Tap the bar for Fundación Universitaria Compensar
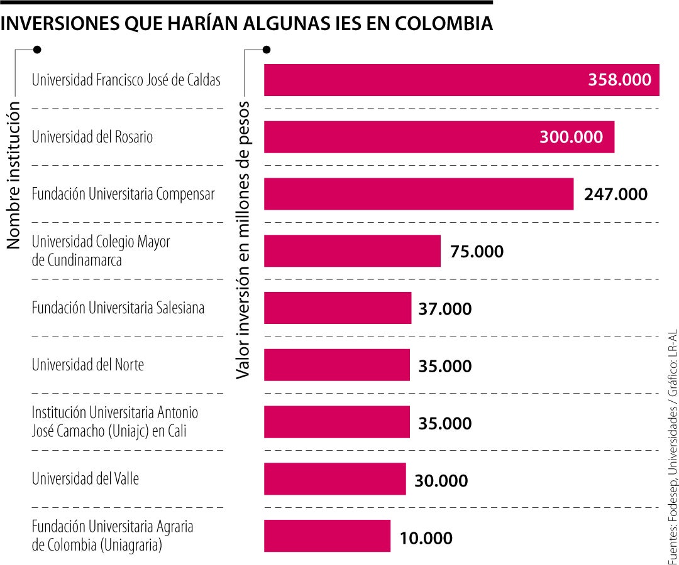click(x=418, y=194)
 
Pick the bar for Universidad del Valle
click(x=334, y=479)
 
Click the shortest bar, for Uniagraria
click(x=327, y=536)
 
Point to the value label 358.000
click(x=619, y=80)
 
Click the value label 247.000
click(x=616, y=195)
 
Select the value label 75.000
click(x=477, y=252)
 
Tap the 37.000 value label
click(x=444, y=309)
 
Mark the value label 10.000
click(x=426, y=539)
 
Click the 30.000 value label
click(x=441, y=481)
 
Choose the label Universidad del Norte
click(x=88, y=365)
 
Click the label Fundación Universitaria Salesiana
click(x=118, y=308)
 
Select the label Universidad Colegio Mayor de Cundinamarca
click(x=101, y=250)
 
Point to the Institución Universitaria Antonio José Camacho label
click(x=114, y=422)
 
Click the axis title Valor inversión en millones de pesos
click(x=243, y=239)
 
